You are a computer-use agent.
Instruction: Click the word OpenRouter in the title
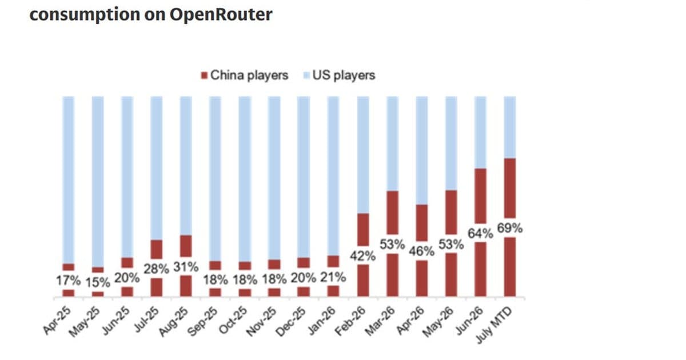221,14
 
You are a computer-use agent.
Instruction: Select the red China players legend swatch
204,75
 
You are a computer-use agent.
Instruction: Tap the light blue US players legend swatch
306,75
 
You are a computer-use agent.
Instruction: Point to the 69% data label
509,228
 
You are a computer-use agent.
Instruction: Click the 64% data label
480,234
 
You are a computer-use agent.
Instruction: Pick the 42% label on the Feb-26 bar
362,256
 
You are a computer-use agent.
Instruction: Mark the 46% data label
422,251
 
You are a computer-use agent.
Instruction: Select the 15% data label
98,282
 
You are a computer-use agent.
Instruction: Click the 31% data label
186,267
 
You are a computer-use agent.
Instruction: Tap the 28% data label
156,269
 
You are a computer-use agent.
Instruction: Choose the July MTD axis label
494,325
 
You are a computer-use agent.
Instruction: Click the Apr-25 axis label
57,320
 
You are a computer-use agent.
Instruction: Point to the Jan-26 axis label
322,320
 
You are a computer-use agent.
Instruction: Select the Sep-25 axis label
202,321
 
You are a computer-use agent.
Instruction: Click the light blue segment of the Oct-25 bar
245,179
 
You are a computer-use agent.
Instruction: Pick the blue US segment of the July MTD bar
510,127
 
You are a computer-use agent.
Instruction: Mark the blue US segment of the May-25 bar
98,182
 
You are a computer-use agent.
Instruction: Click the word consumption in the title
85,15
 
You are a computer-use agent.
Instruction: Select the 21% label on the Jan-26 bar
333,277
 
